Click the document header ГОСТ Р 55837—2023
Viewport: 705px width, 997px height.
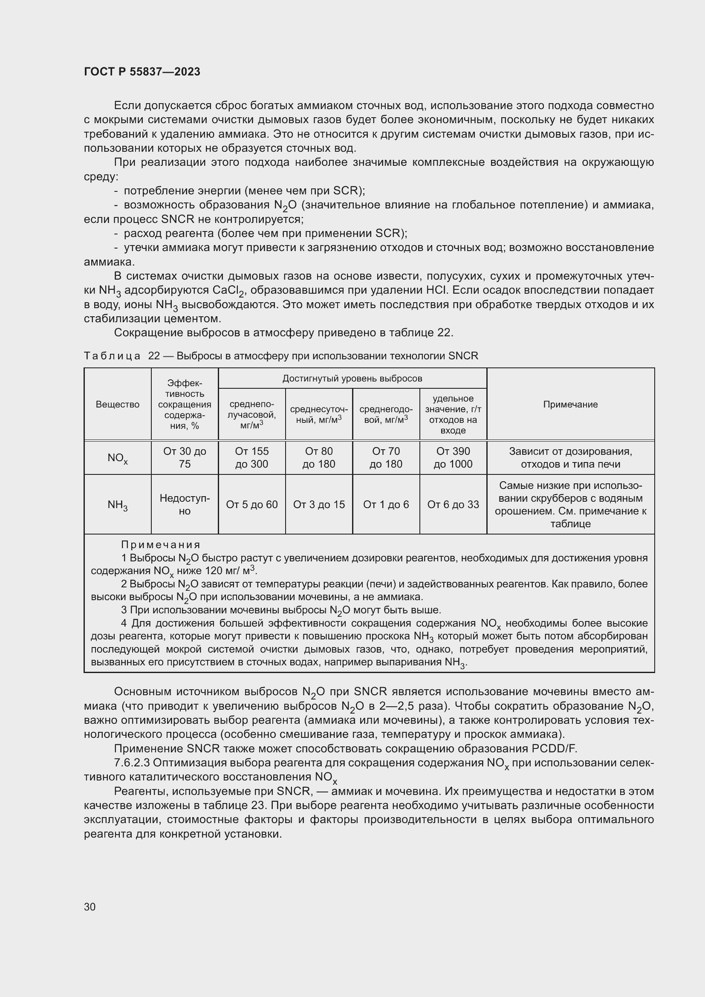click(142, 72)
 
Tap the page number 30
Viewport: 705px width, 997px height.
click(90, 907)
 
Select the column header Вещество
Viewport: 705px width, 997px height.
click(117, 404)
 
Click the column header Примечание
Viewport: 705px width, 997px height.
click(570, 404)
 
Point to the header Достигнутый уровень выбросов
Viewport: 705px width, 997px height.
click(352, 378)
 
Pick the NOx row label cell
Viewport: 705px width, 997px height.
click(117, 458)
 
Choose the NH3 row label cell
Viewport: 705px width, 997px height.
click(117, 505)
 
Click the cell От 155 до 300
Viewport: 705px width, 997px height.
click(252, 458)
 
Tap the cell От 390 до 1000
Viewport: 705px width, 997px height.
click(453, 458)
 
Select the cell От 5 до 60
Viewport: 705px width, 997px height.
click(252, 505)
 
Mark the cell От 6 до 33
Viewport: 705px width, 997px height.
click(453, 505)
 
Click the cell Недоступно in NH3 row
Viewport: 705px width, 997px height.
click(185, 505)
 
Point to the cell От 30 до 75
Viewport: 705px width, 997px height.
click(185, 458)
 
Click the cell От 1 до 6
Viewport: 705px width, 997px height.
click(386, 505)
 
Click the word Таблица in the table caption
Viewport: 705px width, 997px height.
click(112, 356)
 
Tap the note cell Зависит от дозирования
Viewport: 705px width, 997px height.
click(570, 458)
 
